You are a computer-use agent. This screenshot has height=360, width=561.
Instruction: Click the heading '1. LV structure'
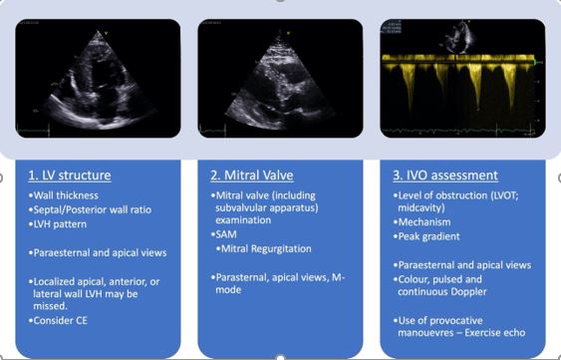click(69, 176)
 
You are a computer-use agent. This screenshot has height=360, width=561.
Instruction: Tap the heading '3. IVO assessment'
click(444, 176)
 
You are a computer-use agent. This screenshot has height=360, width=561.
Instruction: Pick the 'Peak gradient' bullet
click(430, 237)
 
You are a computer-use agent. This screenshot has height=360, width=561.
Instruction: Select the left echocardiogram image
click(98, 78)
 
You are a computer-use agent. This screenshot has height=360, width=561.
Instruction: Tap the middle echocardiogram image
click(280, 78)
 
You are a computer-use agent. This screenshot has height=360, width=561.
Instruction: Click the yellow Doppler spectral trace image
click(461, 78)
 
